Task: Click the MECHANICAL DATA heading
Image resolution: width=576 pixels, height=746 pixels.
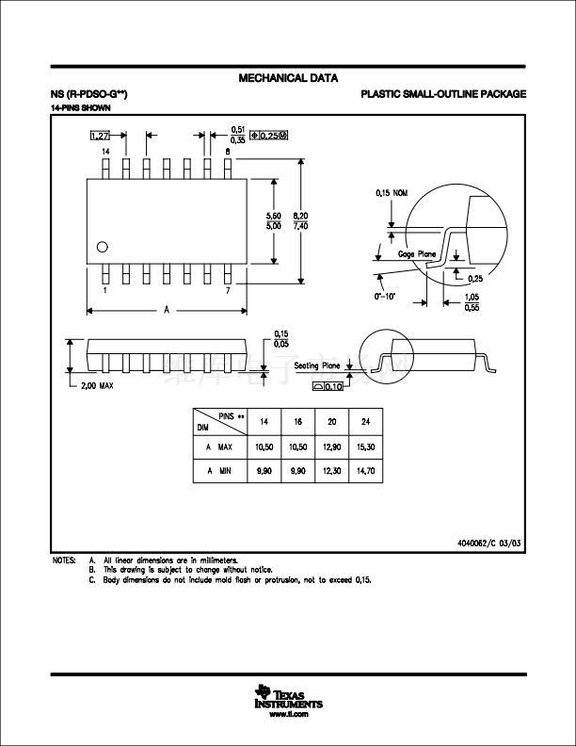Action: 288,78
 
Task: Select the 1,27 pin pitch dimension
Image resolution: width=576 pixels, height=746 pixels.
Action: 99,137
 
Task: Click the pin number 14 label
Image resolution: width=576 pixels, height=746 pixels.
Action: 105,151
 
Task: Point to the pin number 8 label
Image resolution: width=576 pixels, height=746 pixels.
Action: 228,151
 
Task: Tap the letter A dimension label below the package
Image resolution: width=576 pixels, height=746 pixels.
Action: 167,309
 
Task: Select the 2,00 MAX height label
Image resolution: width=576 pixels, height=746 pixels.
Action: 98,386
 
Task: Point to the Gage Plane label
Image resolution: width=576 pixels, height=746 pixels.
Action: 417,254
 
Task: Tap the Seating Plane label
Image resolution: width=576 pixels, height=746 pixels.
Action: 317,365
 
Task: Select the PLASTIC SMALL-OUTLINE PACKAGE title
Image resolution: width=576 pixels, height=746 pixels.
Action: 442,94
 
